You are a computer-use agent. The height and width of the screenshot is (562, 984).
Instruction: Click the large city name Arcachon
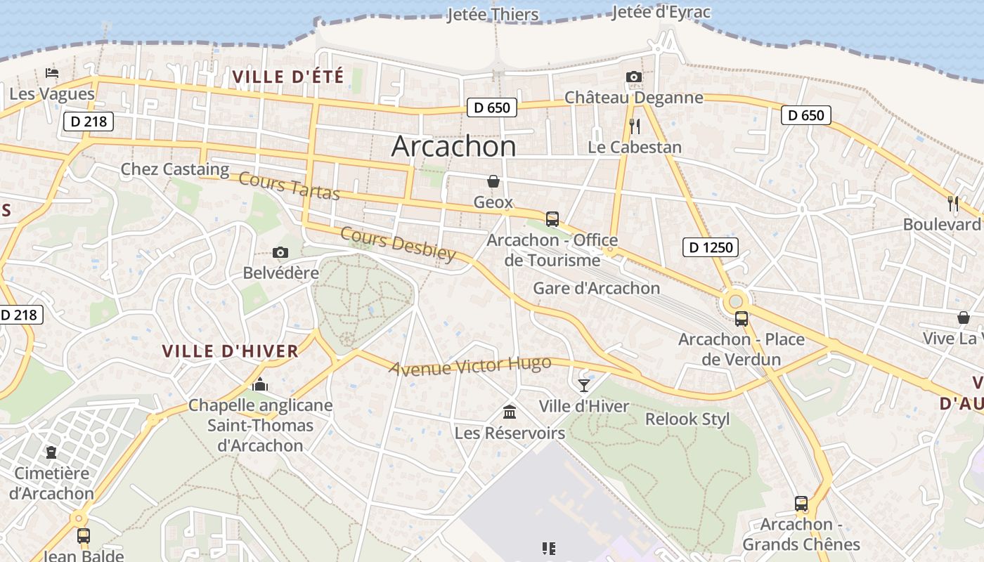click(x=453, y=146)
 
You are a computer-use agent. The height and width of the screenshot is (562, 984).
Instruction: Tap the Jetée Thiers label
click(x=493, y=15)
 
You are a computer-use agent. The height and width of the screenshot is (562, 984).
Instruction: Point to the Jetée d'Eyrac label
click(x=661, y=12)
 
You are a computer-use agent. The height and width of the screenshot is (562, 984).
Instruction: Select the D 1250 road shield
click(x=710, y=247)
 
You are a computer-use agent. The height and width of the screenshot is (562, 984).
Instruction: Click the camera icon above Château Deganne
click(x=633, y=77)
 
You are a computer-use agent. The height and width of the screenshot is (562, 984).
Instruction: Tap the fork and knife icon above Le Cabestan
click(x=635, y=126)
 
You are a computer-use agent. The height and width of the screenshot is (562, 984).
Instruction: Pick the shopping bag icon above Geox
click(x=493, y=181)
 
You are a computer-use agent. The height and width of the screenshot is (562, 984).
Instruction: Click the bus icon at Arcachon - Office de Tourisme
click(x=552, y=218)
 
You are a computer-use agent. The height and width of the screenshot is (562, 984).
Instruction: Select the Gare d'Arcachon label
click(x=596, y=288)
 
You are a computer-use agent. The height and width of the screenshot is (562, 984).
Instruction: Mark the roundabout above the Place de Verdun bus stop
click(x=736, y=301)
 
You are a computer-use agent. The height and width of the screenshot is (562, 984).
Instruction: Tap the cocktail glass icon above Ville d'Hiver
click(x=583, y=385)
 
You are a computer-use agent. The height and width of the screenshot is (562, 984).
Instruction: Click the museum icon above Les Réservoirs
click(x=510, y=412)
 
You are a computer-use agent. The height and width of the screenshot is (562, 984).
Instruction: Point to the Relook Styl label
click(x=687, y=419)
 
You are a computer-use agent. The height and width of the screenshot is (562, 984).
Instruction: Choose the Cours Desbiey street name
click(x=398, y=244)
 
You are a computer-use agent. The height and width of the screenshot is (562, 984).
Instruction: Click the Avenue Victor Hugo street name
click(x=470, y=366)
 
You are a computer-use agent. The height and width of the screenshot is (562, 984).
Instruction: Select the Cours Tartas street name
click(x=289, y=185)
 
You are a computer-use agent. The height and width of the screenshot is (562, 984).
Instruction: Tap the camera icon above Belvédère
click(x=280, y=252)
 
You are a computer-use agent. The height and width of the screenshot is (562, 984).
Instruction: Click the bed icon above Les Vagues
click(x=51, y=72)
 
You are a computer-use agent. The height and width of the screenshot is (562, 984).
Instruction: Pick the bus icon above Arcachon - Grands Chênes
click(x=801, y=503)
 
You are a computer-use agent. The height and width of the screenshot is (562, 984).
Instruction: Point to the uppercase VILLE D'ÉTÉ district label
click(x=288, y=77)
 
